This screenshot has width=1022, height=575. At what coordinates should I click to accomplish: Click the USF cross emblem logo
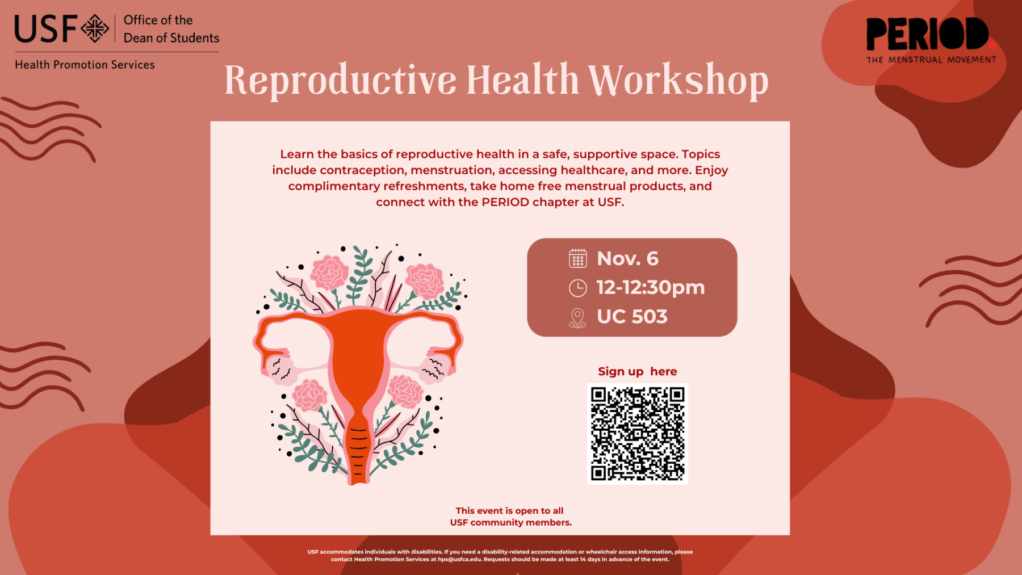[95, 28]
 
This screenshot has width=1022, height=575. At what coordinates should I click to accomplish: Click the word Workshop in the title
[678, 81]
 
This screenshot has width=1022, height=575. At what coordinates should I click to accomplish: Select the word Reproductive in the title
[341, 81]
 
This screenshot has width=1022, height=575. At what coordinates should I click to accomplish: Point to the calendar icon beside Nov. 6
[577, 258]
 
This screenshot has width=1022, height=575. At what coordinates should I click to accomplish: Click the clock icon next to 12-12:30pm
[577, 288]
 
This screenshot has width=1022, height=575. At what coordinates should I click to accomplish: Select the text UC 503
[632, 317]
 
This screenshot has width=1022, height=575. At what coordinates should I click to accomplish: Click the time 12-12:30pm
[651, 288]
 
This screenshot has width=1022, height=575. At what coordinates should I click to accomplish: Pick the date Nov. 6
[627, 259]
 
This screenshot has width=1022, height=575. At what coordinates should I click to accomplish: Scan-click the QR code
[638, 434]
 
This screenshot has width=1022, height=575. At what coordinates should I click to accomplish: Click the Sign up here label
[637, 371]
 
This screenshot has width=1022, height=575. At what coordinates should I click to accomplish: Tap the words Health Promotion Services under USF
[85, 65]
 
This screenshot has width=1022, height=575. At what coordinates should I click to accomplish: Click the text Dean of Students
[171, 38]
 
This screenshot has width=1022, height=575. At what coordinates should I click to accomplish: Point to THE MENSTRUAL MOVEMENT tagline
[931, 60]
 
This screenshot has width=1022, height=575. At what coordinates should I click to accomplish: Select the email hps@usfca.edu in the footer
[460, 560]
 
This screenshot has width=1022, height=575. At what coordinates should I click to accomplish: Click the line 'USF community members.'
[511, 522]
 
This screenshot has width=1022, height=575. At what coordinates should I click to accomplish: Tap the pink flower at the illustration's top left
[329, 272]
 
